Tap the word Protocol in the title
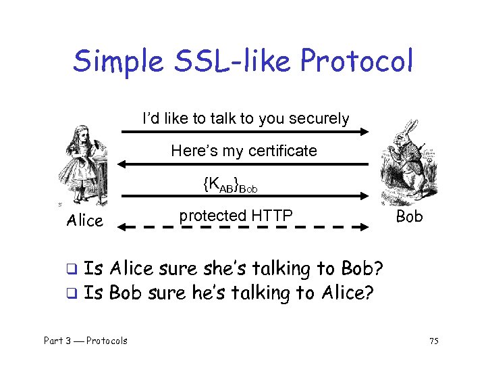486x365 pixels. click(x=356, y=62)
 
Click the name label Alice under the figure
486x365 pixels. click(x=85, y=220)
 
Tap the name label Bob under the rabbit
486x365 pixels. click(x=409, y=216)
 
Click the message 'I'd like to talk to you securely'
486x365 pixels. click(x=246, y=119)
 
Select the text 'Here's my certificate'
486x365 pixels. click(x=244, y=151)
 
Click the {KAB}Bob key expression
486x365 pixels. click(x=230, y=183)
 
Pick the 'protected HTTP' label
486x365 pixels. click(x=236, y=216)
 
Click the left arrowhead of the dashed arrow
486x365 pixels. click(x=122, y=228)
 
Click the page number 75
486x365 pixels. click(x=433, y=341)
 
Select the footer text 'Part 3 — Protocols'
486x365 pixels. click(x=85, y=341)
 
